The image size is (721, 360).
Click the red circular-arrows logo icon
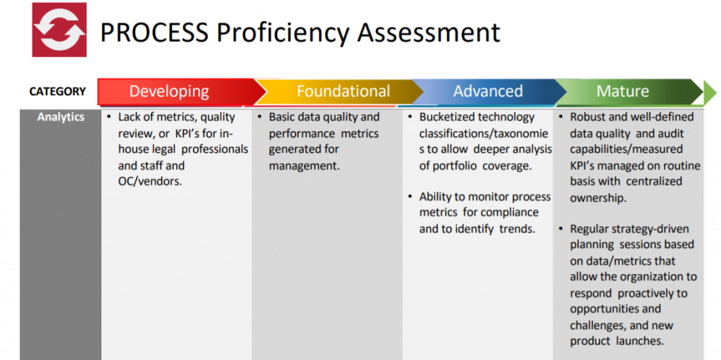pyautogui.click(x=59, y=30)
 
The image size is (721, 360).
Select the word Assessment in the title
pyautogui.click(x=422, y=32)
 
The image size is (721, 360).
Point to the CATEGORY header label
pyautogui.click(x=58, y=92)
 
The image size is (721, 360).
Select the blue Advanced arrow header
pyautogui.click(x=488, y=91)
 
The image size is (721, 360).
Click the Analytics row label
pyautogui.click(x=61, y=117)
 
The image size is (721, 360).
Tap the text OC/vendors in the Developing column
pyautogui.click(x=150, y=181)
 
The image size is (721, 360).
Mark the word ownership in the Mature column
pyautogui.click(x=598, y=198)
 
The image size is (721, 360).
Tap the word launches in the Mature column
pyautogui.click(x=641, y=341)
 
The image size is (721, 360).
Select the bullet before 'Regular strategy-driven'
pyautogui.click(x=561, y=229)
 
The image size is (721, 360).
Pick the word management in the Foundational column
pyautogui.click(x=304, y=166)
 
